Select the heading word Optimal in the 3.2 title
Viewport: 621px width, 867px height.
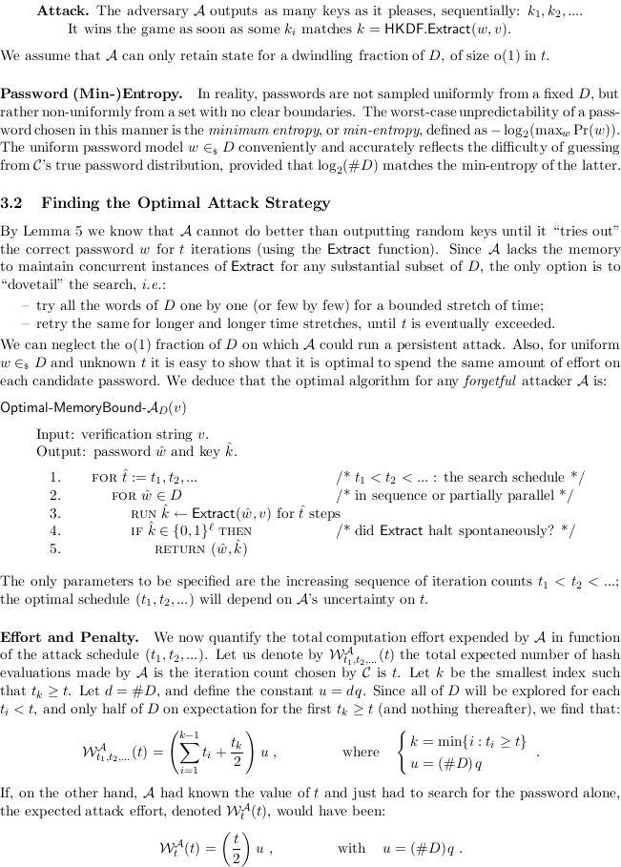[160, 202]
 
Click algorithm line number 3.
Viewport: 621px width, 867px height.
[55, 512]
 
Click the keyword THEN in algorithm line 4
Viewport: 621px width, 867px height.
[235, 530]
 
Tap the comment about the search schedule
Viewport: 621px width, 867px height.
[461, 477]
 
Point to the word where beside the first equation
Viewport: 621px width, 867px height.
[361, 753]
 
